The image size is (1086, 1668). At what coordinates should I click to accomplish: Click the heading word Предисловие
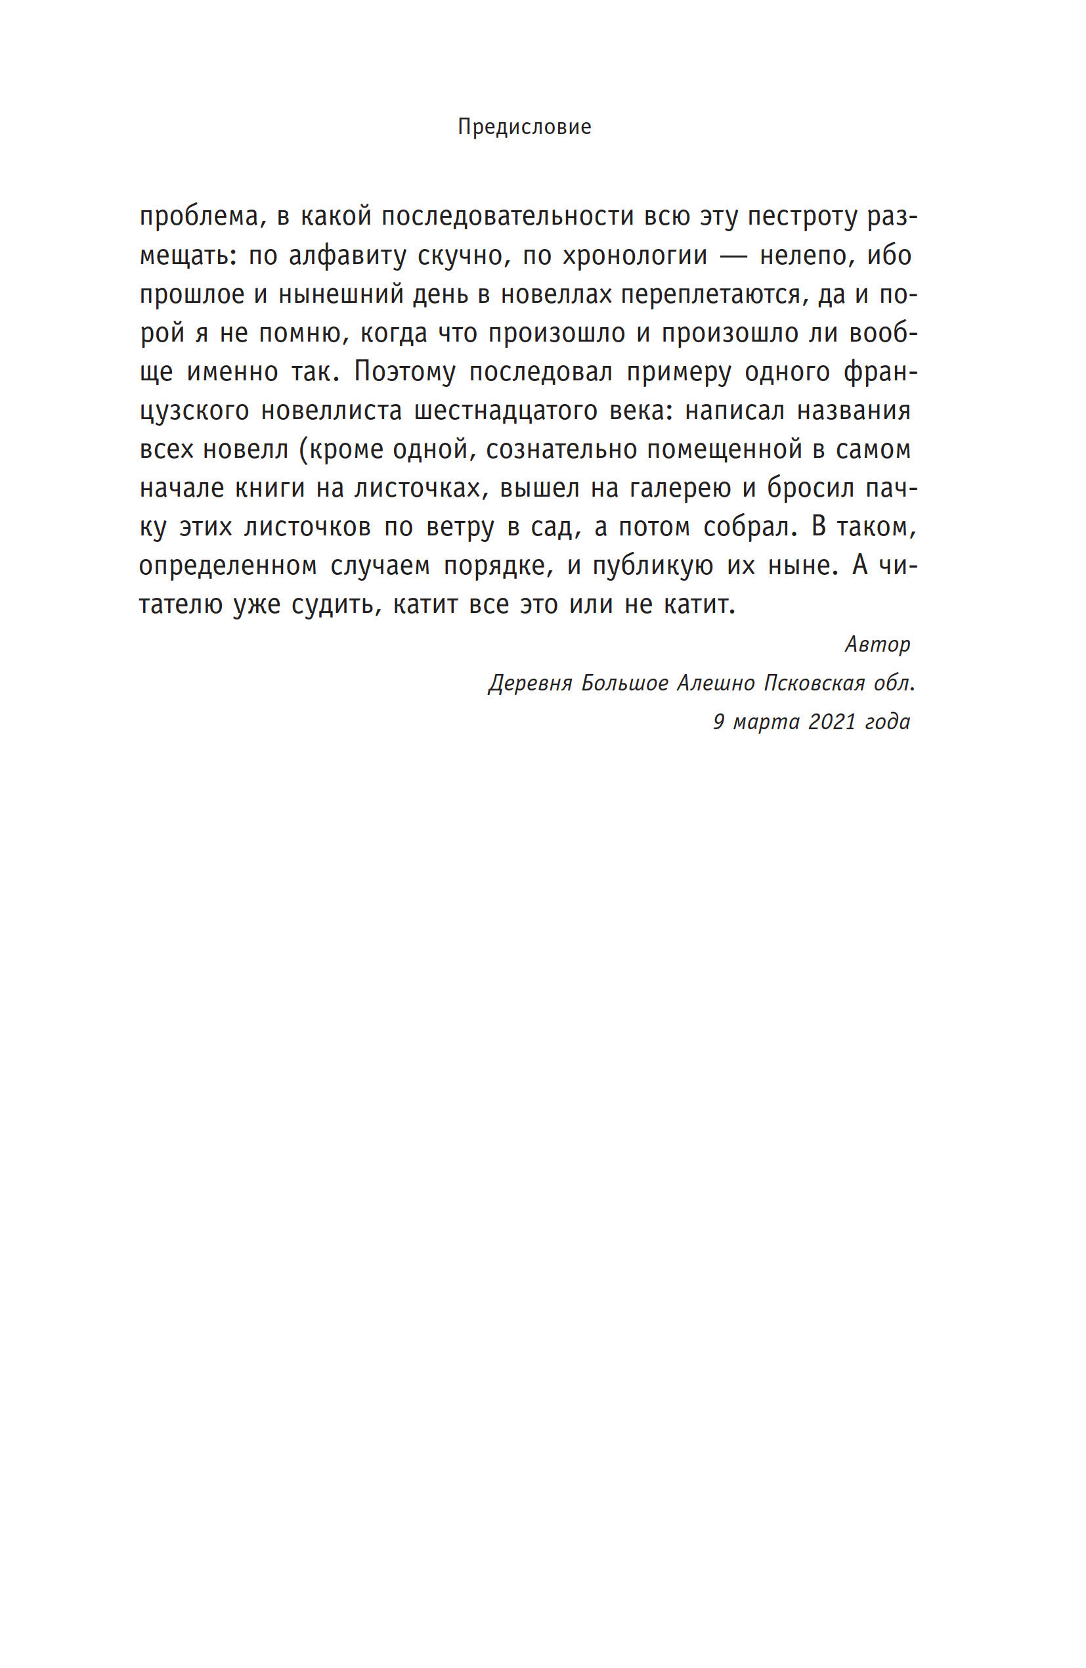pyautogui.click(x=524, y=127)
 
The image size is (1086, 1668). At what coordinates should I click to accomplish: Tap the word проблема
pyautogui.click(x=199, y=217)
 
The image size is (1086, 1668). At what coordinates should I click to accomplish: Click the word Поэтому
pyautogui.click(x=404, y=371)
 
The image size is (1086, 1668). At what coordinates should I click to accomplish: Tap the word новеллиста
pyautogui.click(x=332, y=410)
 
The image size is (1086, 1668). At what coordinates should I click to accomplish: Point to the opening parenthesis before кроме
pyautogui.click(x=303, y=449)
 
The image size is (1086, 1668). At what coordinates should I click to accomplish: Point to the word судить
pyautogui.click(x=336, y=604)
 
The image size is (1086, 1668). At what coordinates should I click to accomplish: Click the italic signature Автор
pyautogui.click(x=877, y=644)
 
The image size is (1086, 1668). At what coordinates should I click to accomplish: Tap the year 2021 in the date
pyautogui.click(x=832, y=721)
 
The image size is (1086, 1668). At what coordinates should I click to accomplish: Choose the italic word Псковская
pyautogui.click(x=814, y=683)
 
